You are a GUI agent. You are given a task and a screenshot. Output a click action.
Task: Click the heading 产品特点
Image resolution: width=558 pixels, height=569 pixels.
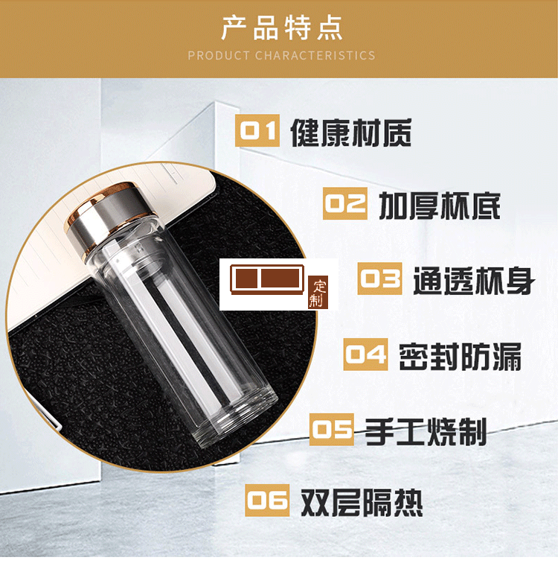click(281, 28)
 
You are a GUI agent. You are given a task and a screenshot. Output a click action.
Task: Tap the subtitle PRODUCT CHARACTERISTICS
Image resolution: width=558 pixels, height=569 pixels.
click(281, 55)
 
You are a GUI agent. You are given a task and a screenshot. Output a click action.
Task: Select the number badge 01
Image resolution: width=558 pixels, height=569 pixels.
click(257, 132)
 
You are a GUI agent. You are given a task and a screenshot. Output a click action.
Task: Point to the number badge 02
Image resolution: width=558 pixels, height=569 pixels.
click(344, 204)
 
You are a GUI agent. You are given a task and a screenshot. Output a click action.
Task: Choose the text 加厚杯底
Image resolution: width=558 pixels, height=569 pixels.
click(439, 205)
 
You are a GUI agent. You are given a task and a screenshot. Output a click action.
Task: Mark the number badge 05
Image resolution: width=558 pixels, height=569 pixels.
click(331, 430)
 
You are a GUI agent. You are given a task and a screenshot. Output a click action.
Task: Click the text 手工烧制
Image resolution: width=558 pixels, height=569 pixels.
click(426, 430)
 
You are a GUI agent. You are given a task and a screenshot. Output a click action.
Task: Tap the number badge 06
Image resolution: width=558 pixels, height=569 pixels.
click(267, 500)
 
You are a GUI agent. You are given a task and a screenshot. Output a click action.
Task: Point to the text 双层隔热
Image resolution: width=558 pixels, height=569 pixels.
click(362, 502)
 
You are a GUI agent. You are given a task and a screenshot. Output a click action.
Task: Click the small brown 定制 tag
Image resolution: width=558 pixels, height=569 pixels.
click(318, 293)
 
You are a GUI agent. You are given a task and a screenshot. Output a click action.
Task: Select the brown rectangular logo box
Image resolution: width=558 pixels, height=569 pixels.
click(268, 279)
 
